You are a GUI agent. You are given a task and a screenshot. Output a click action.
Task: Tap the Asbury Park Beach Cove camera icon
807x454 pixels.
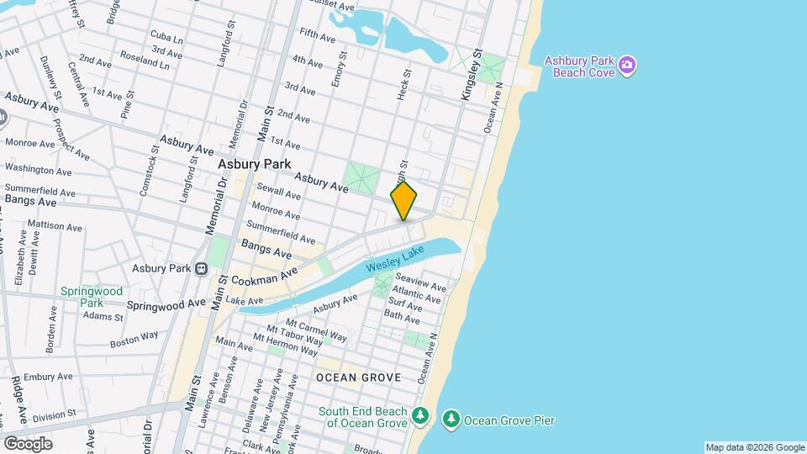coord(626,65)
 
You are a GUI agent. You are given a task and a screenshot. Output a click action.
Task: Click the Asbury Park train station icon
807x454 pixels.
coord(201,268)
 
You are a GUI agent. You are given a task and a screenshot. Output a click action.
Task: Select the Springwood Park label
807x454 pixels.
coord(82,297)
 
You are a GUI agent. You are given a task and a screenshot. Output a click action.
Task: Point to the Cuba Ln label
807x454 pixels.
coord(166,38)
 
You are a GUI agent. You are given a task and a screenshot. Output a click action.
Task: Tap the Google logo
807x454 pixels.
coord(28,443)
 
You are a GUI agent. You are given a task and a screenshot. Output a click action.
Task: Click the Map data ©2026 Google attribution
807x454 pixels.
coord(754,447)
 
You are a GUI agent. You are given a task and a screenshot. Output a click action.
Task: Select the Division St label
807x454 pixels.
coord(55,414)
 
